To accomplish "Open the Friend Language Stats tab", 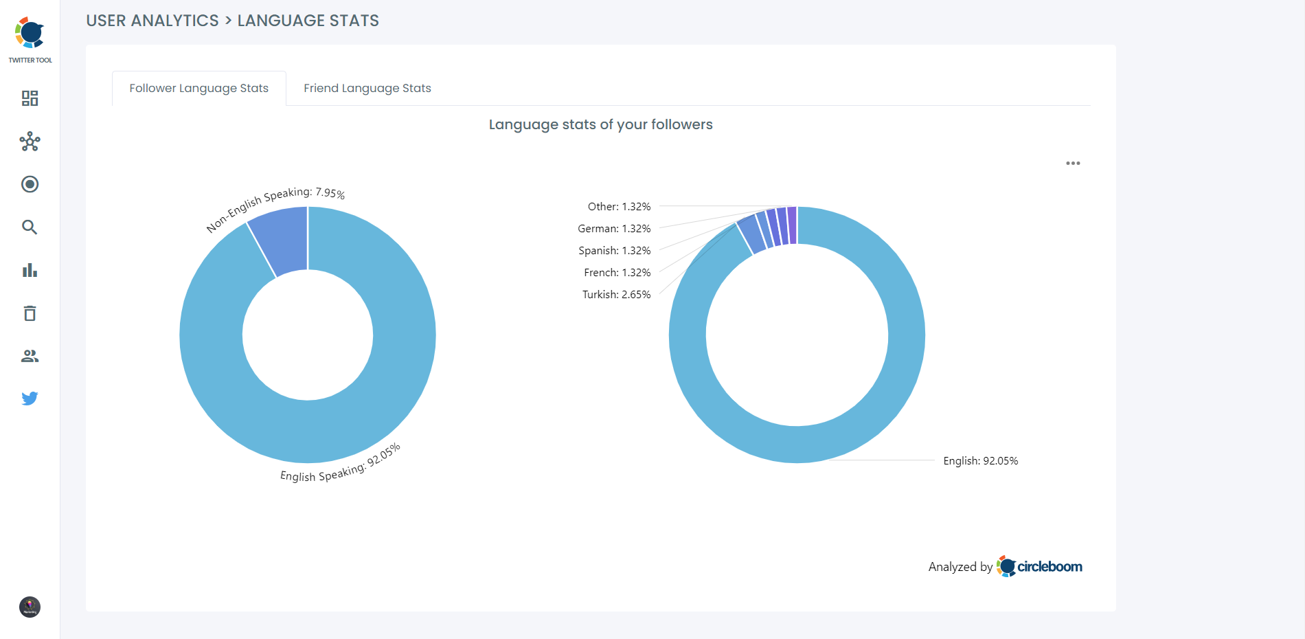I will click(367, 88).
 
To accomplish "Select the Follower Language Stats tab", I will click(198, 88).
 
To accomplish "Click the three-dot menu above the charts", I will click(1073, 164).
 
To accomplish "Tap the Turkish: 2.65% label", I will click(616, 294).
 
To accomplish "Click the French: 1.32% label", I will click(617, 272).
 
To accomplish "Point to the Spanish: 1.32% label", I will click(614, 250).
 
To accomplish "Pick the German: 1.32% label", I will click(614, 228).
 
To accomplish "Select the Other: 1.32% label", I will click(619, 206).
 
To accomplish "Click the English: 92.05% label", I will click(980, 460).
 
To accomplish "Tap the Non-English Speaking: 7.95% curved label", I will click(275, 206).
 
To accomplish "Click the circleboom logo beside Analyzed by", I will click(1040, 566).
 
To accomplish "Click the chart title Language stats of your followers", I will click(600, 124).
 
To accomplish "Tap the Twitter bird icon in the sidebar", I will click(30, 399).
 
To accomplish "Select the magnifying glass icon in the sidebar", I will click(30, 227).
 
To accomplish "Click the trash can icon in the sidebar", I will click(30, 313).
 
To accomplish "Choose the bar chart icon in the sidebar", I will click(30, 270).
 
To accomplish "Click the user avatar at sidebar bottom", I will click(30, 607).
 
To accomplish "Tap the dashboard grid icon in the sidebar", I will click(30, 98).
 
